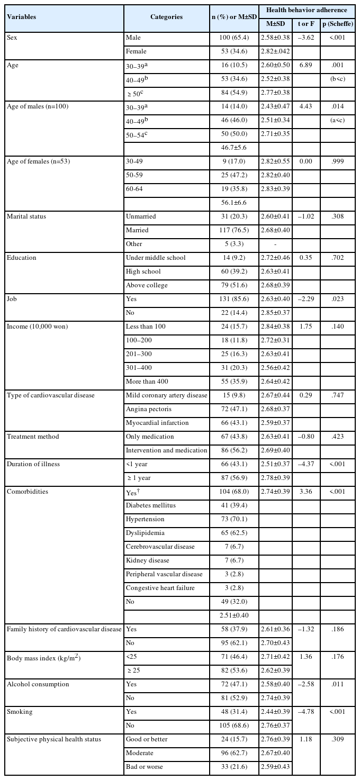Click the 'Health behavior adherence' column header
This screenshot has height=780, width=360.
click(307, 10)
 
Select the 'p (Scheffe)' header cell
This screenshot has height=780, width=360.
click(337, 24)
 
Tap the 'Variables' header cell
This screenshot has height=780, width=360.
click(22, 17)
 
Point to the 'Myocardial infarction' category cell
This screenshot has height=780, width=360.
click(157, 423)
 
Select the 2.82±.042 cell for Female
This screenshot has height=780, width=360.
click(276, 51)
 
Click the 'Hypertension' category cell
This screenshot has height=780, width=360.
click(145, 519)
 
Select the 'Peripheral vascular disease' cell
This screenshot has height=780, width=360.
click(164, 574)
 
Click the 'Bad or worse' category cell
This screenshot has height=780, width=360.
click(144, 767)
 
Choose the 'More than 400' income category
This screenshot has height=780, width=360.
click(147, 382)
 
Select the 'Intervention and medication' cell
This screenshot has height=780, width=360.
click(166, 450)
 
